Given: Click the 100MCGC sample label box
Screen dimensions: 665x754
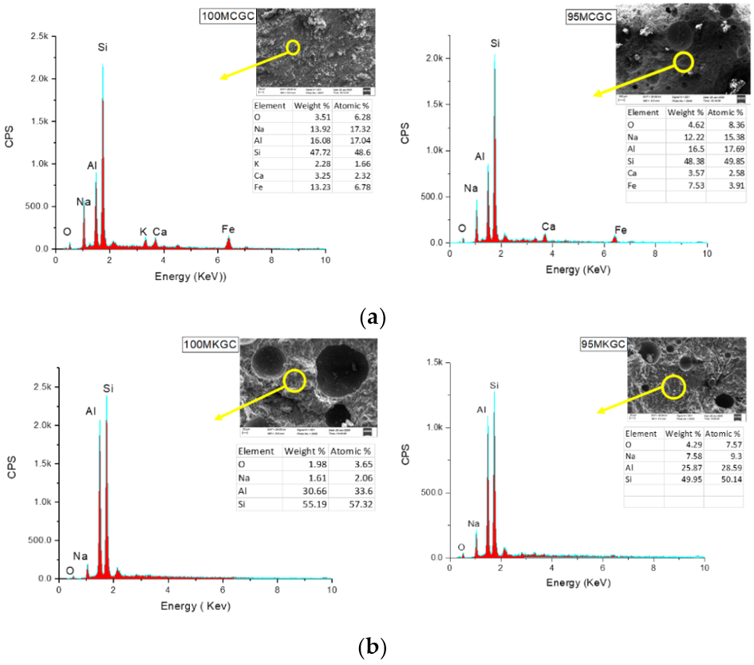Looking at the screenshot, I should point(227,15).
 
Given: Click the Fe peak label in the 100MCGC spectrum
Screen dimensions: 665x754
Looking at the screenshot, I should point(228,230).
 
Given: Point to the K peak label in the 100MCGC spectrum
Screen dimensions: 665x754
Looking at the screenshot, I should point(144,232).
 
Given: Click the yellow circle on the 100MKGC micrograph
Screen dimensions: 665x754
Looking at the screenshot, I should point(294,380).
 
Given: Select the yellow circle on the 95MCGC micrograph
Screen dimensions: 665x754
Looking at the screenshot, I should point(683,61).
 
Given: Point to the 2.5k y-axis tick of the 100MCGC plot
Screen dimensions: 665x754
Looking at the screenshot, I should point(37,37).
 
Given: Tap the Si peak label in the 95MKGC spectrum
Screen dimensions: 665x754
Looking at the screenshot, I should point(495,378).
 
